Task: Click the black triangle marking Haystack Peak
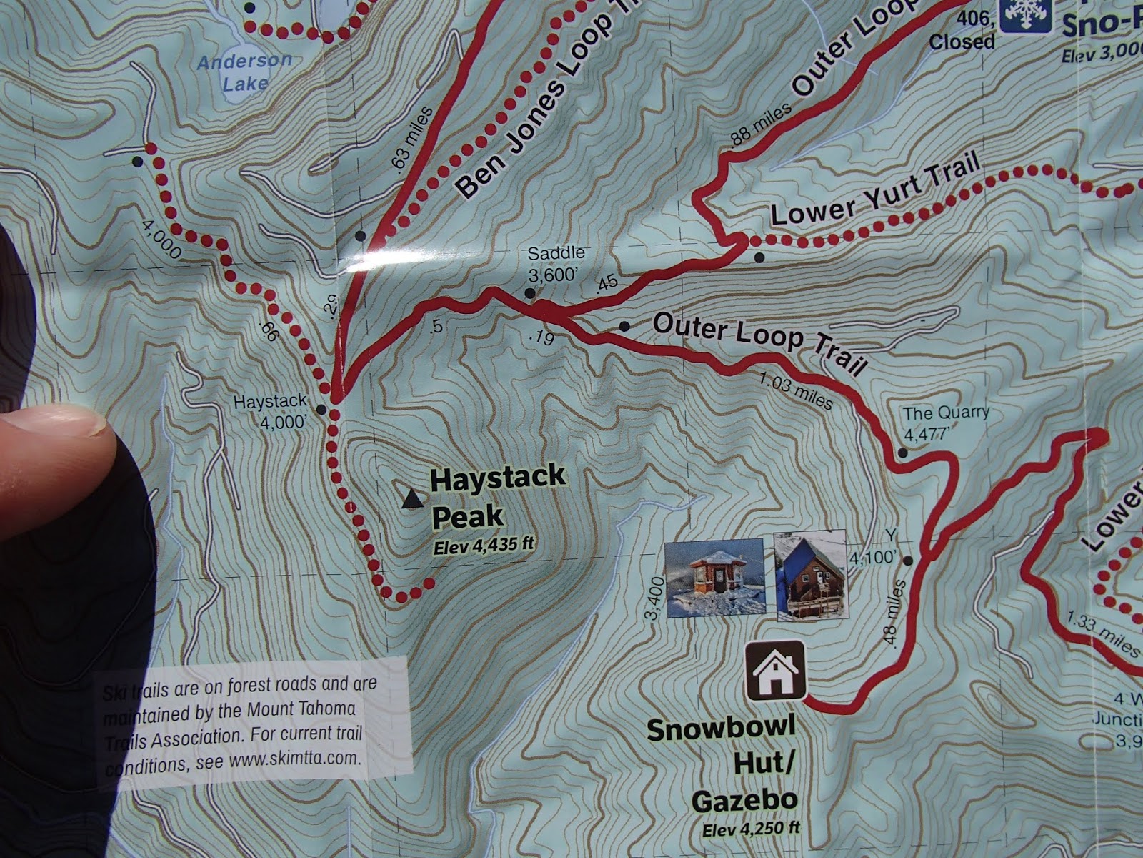point(411,499)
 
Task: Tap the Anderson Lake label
point(244,71)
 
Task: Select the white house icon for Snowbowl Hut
point(776,671)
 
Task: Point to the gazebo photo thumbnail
point(714,578)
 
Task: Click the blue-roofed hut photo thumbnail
point(810,575)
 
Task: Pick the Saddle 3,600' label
point(555,265)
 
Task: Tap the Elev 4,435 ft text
point(484,547)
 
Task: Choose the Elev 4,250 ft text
point(750,829)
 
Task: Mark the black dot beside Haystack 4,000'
point(321,410)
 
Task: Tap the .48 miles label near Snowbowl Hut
point(895,613)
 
